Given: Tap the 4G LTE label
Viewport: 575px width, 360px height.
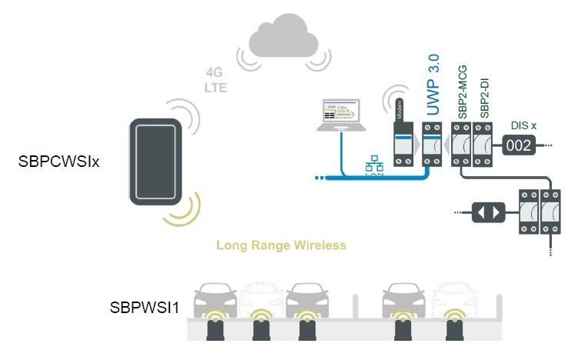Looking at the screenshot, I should (216, 81).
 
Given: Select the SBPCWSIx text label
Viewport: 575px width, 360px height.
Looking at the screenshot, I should (61, 162).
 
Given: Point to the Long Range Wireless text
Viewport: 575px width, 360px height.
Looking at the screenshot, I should (281, 245).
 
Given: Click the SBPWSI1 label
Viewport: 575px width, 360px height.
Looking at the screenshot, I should (145, 308).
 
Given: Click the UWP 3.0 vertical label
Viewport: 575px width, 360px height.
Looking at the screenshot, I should (433, 85).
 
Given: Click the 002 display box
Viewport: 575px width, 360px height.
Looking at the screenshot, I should (518, 145).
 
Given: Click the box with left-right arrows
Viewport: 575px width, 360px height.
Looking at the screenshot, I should (490, 212).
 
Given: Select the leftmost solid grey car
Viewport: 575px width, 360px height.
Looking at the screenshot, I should (216, 301).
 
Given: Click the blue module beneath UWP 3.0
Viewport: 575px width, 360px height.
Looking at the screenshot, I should (432, 143).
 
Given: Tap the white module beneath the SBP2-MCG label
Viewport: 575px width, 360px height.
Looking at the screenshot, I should (462, 143).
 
